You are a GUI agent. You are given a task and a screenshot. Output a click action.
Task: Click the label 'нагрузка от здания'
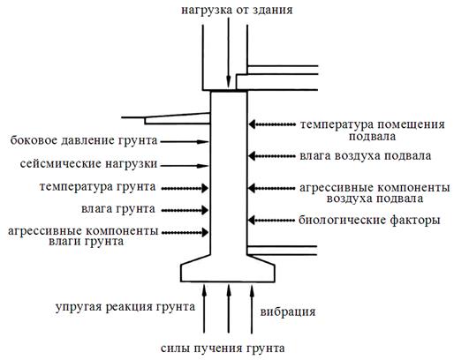tap(237, 11)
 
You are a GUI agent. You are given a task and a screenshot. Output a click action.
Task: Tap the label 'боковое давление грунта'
tap(84, 140)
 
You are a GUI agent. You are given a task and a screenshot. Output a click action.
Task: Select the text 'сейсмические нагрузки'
tap(88, 163)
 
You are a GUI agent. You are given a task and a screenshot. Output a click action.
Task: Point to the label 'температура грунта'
tap(97, 187)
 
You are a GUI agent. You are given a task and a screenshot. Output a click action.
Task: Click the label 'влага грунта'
tap(118, 209)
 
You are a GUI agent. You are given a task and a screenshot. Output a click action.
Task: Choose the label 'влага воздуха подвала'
tap(366, 156)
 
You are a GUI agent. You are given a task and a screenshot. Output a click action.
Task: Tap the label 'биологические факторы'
tap(369, 220)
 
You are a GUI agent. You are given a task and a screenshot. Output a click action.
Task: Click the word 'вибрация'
tap(288, 311)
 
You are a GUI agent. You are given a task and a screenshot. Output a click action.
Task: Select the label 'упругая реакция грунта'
tap(125, 307)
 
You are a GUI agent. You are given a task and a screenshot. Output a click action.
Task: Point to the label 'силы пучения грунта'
tap(223, 349)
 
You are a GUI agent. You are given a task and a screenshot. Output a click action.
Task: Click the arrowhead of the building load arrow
tap(229, 82)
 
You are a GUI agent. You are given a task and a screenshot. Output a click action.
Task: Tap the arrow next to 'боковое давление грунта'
tap(185, 142)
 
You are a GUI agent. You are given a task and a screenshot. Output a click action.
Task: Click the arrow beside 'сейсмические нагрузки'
tap(185, 166)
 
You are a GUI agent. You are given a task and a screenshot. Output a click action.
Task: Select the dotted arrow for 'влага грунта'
tap(185, 210)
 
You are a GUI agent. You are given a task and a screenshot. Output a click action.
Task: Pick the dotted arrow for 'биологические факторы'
tap(271, 220)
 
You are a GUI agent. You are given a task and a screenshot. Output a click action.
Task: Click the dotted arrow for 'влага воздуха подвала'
tap(271, 156)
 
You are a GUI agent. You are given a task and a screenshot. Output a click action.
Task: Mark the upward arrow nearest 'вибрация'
tap(252, 309)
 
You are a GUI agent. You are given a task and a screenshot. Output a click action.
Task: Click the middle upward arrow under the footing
tap(229, 309)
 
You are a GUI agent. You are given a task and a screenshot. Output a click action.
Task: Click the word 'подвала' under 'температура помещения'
tap(372, 137)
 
